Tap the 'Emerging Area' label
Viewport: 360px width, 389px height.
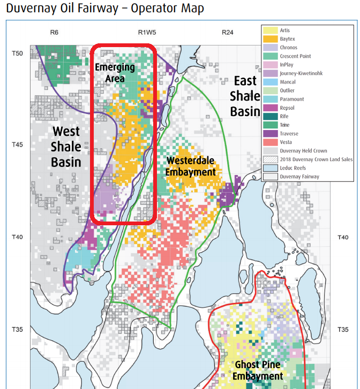pos(114,72)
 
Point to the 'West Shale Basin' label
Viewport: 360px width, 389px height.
pos(66,146)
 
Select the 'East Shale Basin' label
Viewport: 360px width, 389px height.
pos(245,96)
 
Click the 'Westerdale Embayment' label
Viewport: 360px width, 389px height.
pos(191,166)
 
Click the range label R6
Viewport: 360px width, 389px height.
pos(54,32)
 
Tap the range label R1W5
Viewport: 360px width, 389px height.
pos(147,32)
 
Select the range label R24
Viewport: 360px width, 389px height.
pos(228,32)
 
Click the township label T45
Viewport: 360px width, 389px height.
pos(18,144)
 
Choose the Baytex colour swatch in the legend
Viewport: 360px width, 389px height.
pos(270,39)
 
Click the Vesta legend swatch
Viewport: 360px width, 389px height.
pos(270,142)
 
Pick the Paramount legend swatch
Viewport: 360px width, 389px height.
pos(270,99)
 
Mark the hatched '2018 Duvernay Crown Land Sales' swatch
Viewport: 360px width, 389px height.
pos(270,159)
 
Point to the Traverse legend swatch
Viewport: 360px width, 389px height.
pos(270,134)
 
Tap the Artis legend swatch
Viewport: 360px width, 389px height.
pos(270,30)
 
